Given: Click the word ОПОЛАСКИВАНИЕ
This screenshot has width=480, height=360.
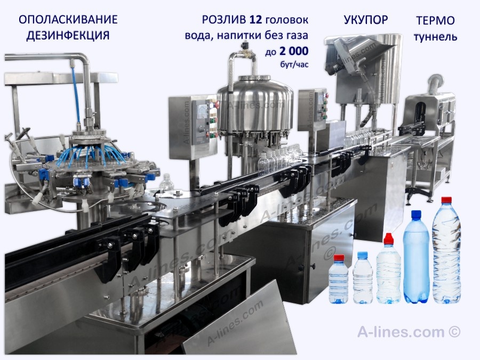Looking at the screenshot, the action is coord(68,20).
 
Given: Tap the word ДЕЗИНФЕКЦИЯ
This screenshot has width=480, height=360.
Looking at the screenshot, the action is coord(68,36).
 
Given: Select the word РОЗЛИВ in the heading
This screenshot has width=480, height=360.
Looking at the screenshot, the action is coord(224,20).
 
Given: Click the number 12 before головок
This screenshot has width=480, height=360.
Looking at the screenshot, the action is coord(255,20).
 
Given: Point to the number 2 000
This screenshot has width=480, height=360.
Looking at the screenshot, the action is coord(294,51).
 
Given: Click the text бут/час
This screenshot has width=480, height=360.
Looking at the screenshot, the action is coord(294,65).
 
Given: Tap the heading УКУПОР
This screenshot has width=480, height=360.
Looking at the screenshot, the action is coord(366,20).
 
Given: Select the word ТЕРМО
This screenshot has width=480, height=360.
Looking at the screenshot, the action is coord(435,21).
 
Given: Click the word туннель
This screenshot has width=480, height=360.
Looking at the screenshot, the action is coord(435,37).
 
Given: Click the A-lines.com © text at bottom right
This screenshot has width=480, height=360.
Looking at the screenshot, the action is coord(409,332).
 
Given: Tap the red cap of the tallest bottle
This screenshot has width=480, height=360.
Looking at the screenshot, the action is coord(446,200).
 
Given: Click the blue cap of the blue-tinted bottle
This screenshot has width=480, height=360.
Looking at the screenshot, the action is coord(417,214).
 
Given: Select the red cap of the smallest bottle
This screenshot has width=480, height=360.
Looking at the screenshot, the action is coord(339,258).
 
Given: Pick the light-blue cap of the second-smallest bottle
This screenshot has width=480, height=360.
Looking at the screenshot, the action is coord(363,255).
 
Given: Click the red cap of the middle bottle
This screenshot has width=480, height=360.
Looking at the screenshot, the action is coord(388,238).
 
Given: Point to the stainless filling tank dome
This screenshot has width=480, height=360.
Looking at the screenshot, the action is coord(255,102).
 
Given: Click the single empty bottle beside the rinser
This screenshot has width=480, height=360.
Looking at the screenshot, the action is coord(166,184).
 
